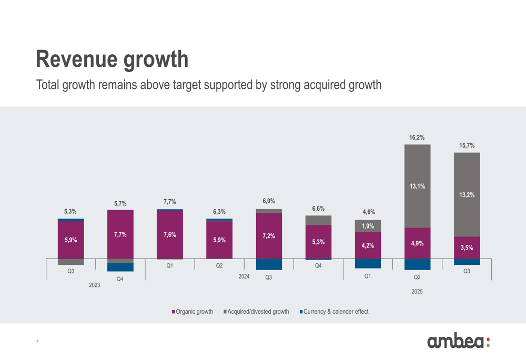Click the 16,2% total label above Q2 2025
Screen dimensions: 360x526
pos(417,138)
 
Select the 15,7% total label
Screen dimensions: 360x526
pos(467,146)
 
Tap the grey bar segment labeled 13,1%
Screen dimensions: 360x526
pos(417,186)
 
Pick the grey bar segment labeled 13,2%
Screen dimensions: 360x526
pos(467,194)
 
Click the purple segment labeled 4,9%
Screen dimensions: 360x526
pos(417,243)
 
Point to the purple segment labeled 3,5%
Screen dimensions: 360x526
pos(467,248)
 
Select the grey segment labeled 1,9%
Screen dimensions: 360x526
pos(368,226)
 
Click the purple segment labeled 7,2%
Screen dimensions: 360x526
pos(269,236)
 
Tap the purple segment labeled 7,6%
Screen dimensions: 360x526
pos(170,235)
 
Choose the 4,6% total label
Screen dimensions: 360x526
pos(368,212)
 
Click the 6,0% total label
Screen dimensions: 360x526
pos(269,201)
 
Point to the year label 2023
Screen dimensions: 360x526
pos(95,285)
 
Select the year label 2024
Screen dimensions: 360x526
pos(244,276)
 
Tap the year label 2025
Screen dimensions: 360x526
pos(417,291)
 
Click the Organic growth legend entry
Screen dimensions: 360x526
pos(193,312)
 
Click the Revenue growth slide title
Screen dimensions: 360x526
pos(112,59)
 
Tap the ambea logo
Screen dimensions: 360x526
pos(458,342)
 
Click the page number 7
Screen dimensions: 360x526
pos(37,342)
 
